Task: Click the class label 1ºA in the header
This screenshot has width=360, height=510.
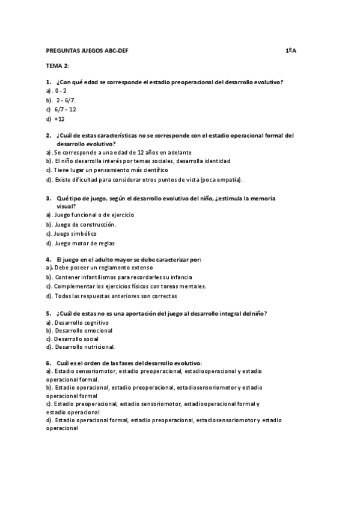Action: (x=291, y=51)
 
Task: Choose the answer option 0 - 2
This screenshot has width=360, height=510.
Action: (x=61, y=91)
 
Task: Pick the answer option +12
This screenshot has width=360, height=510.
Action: (x=59, y=119)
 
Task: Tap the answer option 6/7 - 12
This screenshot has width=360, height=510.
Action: (x=65, y=109)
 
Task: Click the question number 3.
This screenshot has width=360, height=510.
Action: (x=48, y=198)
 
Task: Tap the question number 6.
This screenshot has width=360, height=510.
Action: (x=48, y=363)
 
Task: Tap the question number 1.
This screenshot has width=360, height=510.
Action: (x=48, y=82)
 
